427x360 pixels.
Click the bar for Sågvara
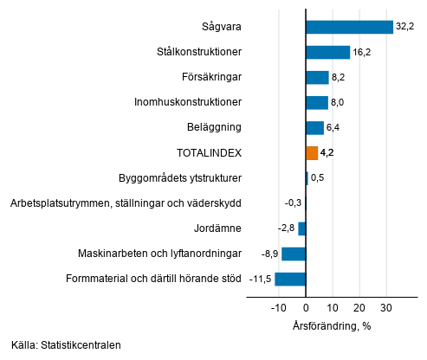349,28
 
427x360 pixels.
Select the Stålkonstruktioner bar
327,53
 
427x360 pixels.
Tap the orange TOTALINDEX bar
312,153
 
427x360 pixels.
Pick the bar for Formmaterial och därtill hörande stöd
290,279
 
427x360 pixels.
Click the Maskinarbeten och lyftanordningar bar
294,254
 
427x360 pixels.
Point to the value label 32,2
404,28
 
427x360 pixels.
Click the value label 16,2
361,53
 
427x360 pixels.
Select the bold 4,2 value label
327,153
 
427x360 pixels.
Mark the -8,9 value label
268,254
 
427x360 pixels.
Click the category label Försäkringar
210,78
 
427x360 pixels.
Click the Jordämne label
217,228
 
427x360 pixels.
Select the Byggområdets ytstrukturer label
179,178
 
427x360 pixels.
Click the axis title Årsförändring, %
333,326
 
